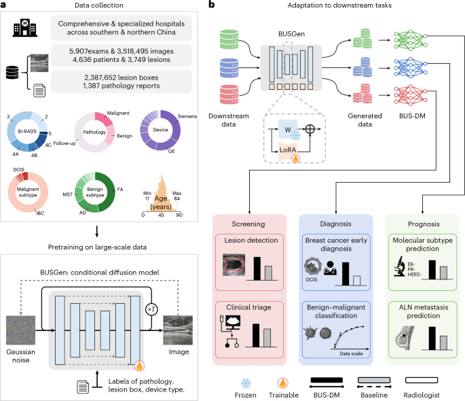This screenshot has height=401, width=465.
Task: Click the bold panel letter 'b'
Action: pos(212,5)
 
